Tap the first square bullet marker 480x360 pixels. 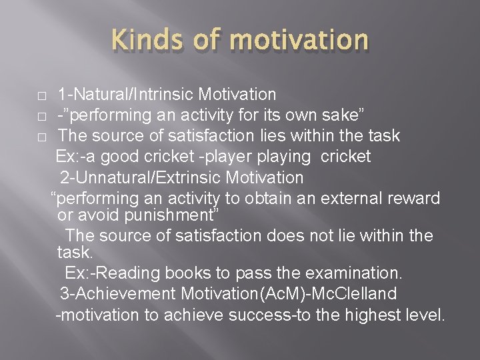tap(41, 96)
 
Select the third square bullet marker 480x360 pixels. tap(41, 137)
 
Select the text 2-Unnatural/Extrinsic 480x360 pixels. tap(141, 178)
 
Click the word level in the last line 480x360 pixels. tap(425, 315)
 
